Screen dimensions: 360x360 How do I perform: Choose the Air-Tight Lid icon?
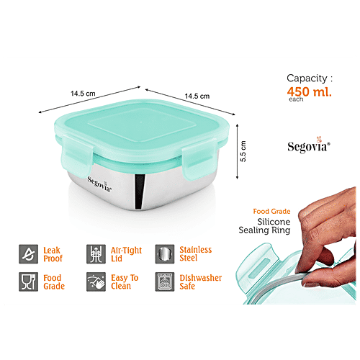[95, 254]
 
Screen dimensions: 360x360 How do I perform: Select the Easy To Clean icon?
[95, 282]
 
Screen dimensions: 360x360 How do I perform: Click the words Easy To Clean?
[127, 282]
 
